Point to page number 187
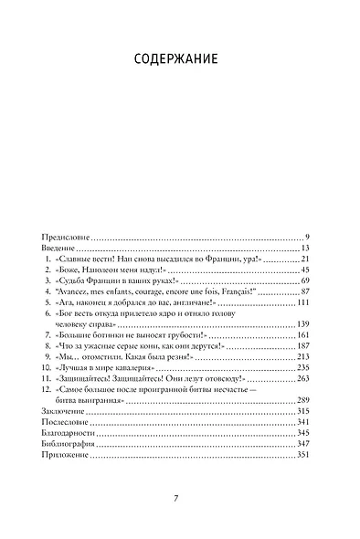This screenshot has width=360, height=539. point(305,354)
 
